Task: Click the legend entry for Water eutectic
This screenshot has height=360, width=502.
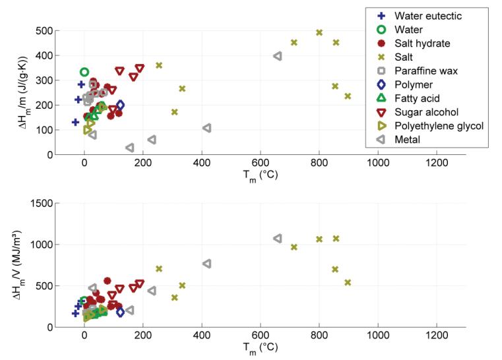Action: [427, 16]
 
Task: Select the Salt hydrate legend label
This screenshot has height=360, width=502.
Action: [422, 44]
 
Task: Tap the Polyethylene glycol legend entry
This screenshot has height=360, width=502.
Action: [439, 126]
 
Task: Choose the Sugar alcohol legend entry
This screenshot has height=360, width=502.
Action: [426, 112]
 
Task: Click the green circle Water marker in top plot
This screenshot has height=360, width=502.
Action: [84, 72]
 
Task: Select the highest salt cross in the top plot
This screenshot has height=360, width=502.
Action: [319, 32]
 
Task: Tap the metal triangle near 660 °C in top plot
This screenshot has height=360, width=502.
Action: [278, 56]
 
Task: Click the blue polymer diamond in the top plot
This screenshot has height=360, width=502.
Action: [120, 105]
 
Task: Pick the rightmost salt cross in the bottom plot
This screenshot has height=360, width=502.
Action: [348, 282]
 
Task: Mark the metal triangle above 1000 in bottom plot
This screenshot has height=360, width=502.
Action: [278, 238]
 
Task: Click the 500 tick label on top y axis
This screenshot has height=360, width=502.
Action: [45, 30]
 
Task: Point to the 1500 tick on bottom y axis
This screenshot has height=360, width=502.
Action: [42, 203]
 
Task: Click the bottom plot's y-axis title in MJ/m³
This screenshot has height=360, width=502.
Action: [18, 265]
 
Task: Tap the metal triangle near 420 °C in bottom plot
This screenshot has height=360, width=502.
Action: [207, 264]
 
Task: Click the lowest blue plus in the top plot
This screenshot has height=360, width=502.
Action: [75, 122]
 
